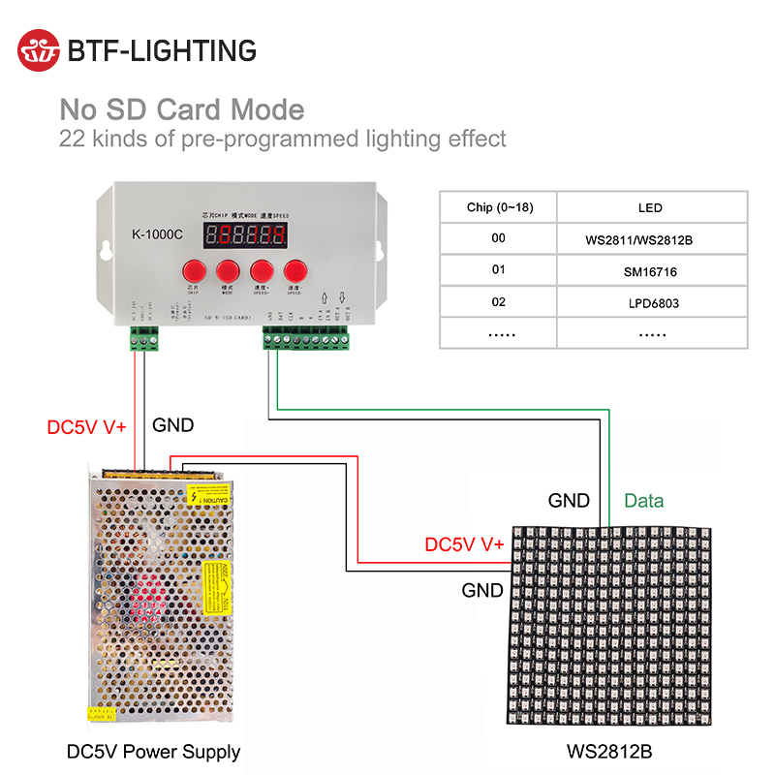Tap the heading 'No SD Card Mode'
(x=182, y=109)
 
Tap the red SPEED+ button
(x=262, y=271)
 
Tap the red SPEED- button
(x=296, y=271)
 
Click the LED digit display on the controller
(x=244, y=233)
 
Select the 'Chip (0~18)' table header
(x=499, y=207)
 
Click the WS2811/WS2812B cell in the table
(x=650, y=238)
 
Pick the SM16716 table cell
(x=650, y=271)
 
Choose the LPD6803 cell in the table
(x=650, y=303)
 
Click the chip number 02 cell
(x=499, y=302)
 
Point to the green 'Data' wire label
(x=643, y=501)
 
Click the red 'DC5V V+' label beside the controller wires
(x=87, y=426)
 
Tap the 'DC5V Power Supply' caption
(x=153, y=752)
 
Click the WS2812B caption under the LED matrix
(x=607, y=752)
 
